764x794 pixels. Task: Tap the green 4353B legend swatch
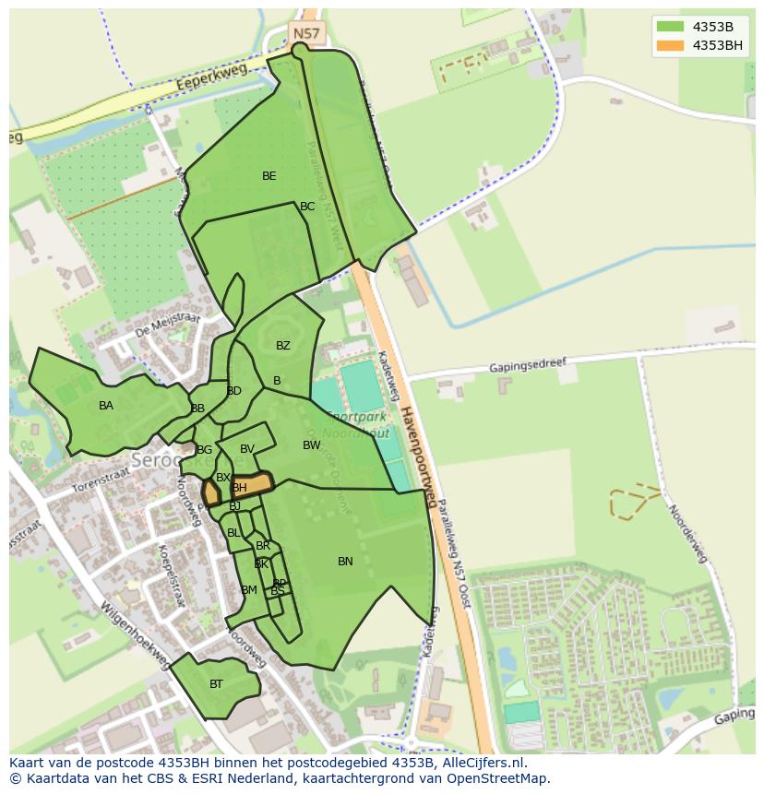670,26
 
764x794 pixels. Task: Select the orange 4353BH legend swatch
670,45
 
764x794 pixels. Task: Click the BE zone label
269,176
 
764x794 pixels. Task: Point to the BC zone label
307,207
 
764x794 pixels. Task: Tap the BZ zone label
283,346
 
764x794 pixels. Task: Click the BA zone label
106,406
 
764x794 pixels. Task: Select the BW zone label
312,445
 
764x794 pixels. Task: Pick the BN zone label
345,562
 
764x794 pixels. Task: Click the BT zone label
216,684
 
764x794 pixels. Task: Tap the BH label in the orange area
240,488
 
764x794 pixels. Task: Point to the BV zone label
247,449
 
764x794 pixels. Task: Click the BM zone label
249,590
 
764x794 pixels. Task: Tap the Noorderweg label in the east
687,533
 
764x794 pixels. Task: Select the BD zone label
233,391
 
